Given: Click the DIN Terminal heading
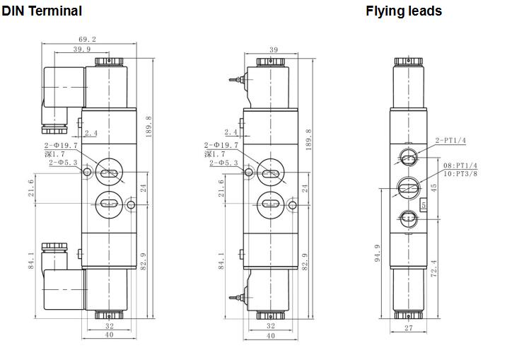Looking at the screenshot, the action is (x=42, y=11).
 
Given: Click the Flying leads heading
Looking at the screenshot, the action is (x=404, y=11).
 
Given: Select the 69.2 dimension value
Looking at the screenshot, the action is (x=87, y=39).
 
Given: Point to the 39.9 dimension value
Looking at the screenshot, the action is (x=82, y=49).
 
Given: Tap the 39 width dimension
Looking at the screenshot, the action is (x=274, y=50).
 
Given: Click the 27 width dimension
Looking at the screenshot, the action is (x=409, y=328).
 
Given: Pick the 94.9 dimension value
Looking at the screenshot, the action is (x=378, y=252).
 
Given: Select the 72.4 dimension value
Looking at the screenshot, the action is (x=433, y=269).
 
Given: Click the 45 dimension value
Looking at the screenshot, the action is (x=433, y=187).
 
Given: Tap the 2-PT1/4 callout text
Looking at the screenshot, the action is (x=450, y=140).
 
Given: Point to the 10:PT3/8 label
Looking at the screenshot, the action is (x=460, y=173).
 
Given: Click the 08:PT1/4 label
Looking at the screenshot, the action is (x=460, y=166).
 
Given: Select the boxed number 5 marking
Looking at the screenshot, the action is (x=424, y=204).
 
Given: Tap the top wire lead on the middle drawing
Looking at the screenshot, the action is (x=235, y=80).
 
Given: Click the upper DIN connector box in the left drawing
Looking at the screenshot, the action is (x=64, y=87).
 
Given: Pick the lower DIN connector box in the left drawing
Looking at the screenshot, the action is (x=64, y=290).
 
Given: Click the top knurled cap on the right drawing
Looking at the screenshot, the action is (x=408, y=62).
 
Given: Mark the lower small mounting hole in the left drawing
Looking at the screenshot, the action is (x=131, y=204).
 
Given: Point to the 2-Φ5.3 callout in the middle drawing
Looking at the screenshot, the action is (x=223, y=163).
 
